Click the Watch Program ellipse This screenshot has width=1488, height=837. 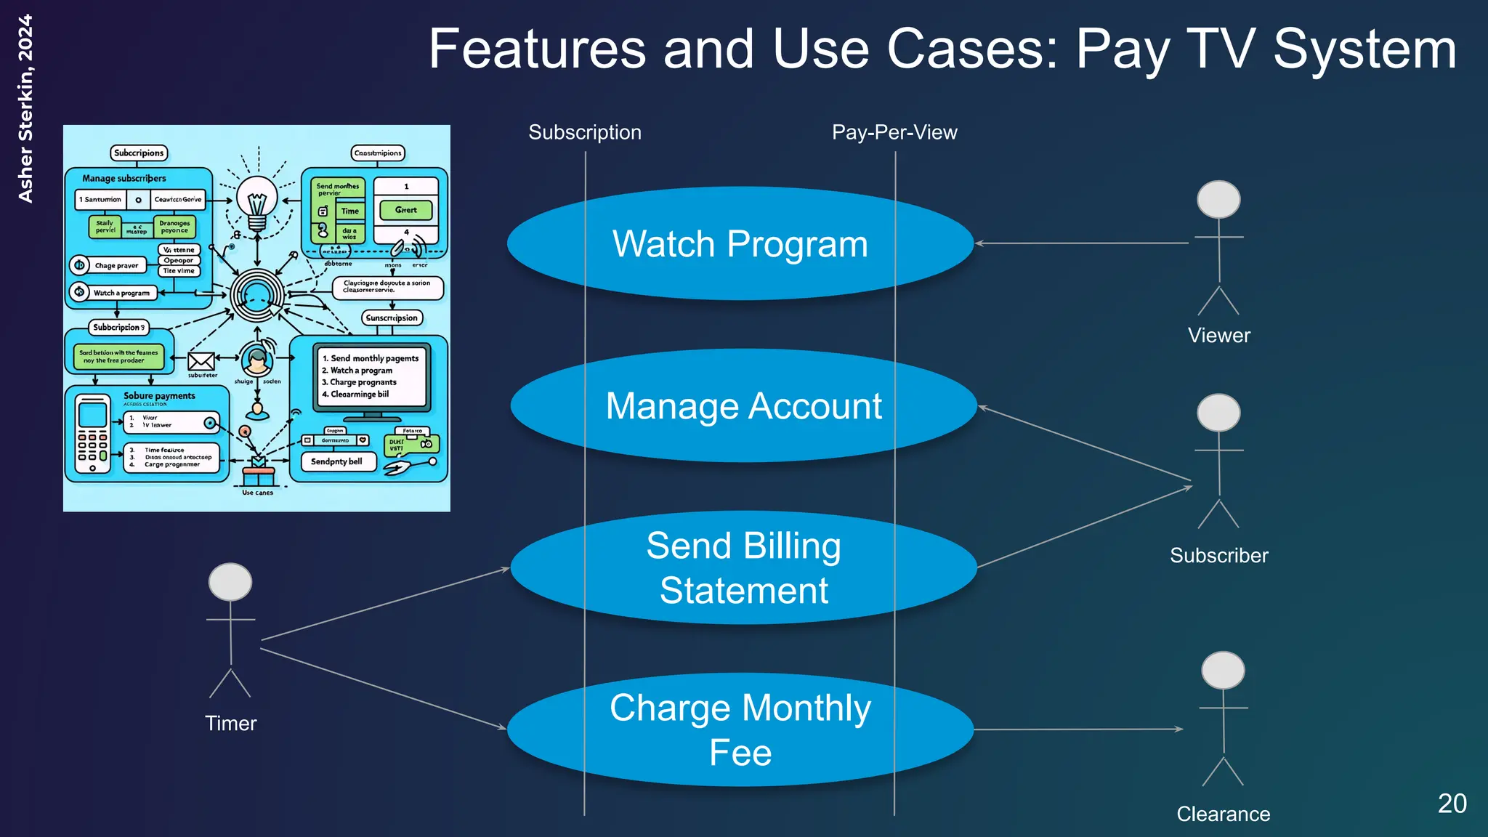[740, 243]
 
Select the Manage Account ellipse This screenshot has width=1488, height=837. [743, 405]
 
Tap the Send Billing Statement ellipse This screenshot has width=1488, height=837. [743, 567]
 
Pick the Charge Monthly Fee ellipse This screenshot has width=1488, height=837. [740, 729]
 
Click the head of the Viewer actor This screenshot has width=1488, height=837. [1218, 200]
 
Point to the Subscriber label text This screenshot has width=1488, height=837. [1218, 555]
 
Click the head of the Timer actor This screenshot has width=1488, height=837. [230, 582]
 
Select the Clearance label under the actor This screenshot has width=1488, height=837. [1223, 814]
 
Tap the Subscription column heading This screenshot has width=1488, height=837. [585, 132]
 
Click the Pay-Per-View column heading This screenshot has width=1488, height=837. [894, 132]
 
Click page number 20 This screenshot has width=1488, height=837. [1452, 804]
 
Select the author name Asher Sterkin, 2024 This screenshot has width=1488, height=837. [25, 109]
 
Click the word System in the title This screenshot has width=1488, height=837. [1364, 49]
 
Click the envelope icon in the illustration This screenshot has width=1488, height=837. [201, 361]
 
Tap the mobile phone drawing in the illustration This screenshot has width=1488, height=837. [92, 433]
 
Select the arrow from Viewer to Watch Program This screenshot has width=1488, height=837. [1083, 243]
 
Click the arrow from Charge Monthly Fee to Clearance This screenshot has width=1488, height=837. [1079, 729]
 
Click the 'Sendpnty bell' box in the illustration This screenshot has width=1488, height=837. [337, 461]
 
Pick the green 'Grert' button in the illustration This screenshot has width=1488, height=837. [405, 210]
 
